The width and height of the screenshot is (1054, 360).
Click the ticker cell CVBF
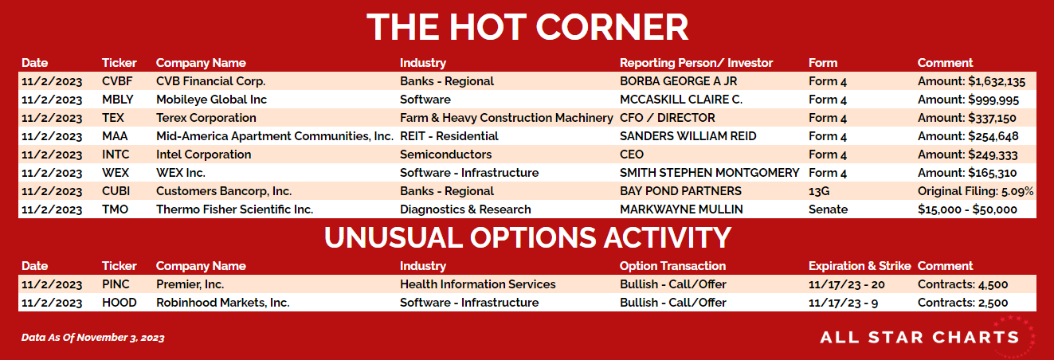(117, 81)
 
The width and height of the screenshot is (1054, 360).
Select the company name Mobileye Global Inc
(211, 100)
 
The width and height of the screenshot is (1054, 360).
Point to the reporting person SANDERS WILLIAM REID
(688, 136)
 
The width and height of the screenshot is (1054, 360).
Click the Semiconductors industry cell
(445, 155)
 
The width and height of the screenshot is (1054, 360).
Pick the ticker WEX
(116, 173)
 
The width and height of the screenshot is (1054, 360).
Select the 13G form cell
(819, 191)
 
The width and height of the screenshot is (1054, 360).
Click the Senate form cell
(829, 209)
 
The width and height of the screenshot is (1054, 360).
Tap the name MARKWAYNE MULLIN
(681, 209)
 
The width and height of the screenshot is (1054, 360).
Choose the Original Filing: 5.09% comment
(975, 191)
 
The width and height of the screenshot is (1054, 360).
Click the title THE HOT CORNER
(527, 27)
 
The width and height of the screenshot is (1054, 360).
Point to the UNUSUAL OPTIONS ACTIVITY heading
(527, 237)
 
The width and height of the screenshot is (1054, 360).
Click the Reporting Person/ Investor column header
(696, 63)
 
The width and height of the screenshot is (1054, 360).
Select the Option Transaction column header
(672, 266)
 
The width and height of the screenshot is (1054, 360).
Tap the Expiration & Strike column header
(860, 266)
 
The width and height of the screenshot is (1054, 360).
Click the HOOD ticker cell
(119, 303)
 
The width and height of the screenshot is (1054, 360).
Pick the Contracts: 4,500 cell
(962, 284)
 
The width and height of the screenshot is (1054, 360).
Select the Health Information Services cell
(477, 284)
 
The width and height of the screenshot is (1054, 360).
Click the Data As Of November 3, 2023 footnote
(92, 338)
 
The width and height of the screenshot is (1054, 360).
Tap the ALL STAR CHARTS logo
(919, 338)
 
